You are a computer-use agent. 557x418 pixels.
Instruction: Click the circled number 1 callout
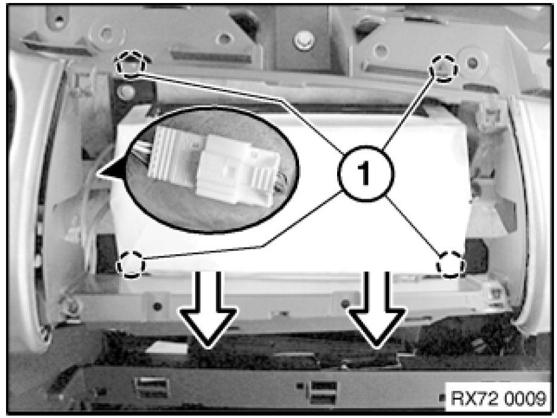[365, 174]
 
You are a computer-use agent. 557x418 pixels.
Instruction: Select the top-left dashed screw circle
[130, 64]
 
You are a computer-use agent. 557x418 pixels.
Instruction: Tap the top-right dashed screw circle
[443, 69]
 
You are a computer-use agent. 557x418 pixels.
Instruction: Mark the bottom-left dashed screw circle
[131, 265]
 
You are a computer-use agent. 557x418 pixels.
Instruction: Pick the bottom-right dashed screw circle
[451, 265]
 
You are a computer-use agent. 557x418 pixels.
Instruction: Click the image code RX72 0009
[498, 399]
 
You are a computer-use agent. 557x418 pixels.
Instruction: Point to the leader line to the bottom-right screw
[414, 225]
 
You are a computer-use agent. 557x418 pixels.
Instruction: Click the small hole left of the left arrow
[157, 306]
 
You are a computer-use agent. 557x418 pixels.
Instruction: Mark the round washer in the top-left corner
[106, 34]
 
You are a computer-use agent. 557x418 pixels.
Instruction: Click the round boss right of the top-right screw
[472, 63]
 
